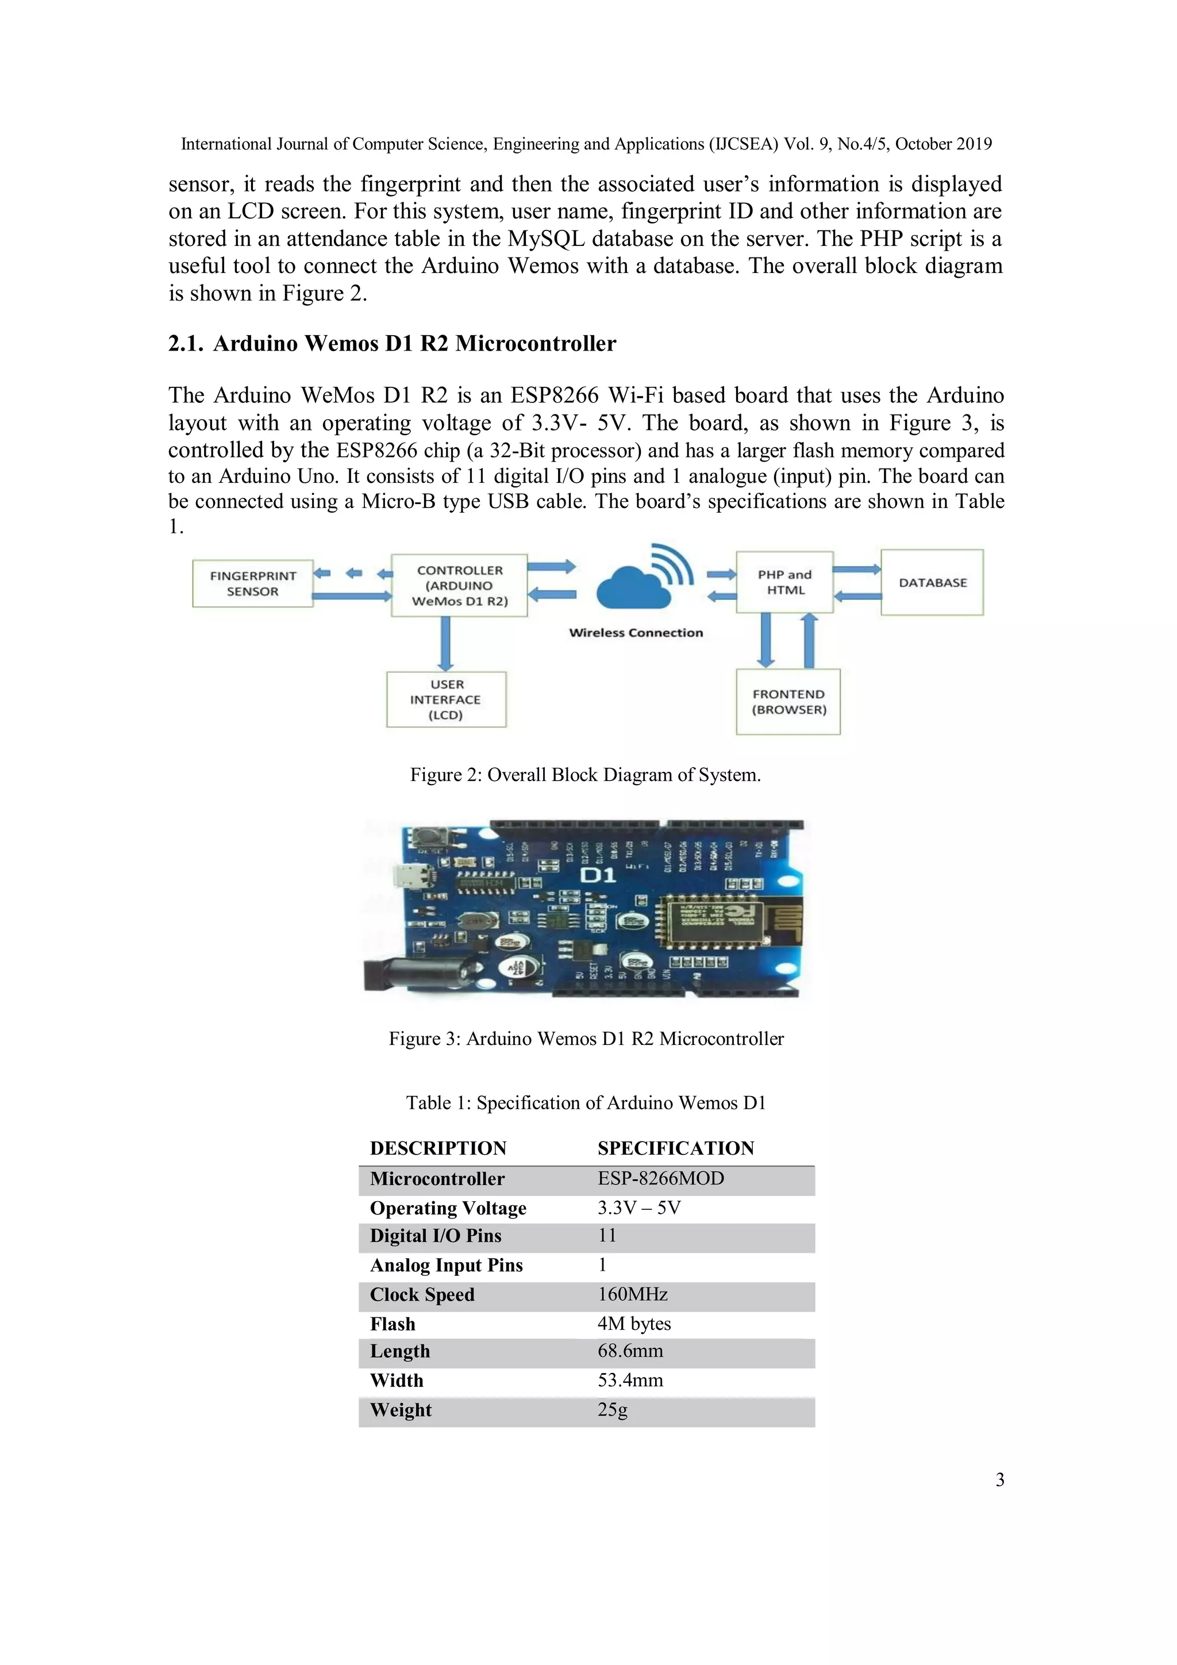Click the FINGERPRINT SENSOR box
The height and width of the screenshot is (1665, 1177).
(x=252, y=583)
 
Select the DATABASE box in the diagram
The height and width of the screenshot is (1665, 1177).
(x=932, y=582)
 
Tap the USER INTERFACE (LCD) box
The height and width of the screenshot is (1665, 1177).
(x=446, y=699)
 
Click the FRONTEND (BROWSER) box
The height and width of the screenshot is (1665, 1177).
(x=788, y=701)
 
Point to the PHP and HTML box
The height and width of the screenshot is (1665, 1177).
(x=784, y=582)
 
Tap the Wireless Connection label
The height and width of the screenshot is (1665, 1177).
(x=636, y=632)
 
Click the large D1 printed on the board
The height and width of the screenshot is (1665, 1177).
(x=598, y=875)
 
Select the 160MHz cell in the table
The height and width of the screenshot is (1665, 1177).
(x=632, y=1294)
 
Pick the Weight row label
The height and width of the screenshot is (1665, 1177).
(x=401, y=1410)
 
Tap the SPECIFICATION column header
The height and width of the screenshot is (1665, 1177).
(x=675, y=1148)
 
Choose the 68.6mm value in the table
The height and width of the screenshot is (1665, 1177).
(x=630, y=1351)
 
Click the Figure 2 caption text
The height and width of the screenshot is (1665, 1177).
(x=585, y=775)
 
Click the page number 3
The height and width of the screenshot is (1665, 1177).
(x=999, y=1480)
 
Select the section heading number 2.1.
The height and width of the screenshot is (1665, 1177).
(x=185, y=344)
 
